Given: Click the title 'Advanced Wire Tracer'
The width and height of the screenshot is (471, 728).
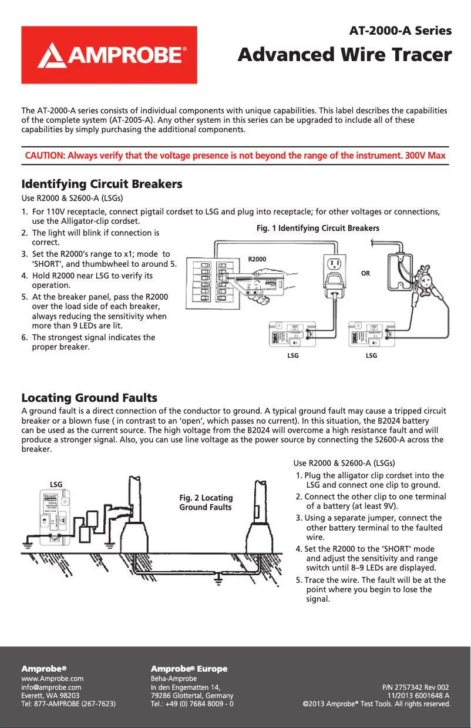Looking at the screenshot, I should (x=345, y=55).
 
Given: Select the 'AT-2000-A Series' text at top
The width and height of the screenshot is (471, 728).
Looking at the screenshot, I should (x=401, y=31).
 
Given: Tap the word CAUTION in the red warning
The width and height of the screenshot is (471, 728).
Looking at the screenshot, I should (x=45, y=156).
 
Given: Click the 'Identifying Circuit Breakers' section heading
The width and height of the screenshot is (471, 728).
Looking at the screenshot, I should (x=102, y=184).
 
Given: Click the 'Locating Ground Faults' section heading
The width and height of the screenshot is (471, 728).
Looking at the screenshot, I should (x=89, y=398).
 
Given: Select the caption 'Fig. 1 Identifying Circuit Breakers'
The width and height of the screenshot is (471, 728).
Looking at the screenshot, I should (x=318, y=228).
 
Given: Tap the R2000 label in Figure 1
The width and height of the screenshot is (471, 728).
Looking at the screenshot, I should (x=257, y=259).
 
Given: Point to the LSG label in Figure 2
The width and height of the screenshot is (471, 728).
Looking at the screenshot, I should (x=56, y=484).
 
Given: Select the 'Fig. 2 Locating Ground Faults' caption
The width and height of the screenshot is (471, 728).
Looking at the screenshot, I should (x=206, y=502).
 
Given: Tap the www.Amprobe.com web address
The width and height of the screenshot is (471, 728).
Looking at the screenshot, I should (x=52, y=678).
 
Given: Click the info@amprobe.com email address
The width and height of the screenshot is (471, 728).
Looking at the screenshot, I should (x=51, y=686).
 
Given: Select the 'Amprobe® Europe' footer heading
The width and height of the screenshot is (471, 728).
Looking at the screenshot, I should (x=189, y=669).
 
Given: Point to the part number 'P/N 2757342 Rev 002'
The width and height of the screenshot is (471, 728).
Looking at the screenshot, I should (x=416, y=686).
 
